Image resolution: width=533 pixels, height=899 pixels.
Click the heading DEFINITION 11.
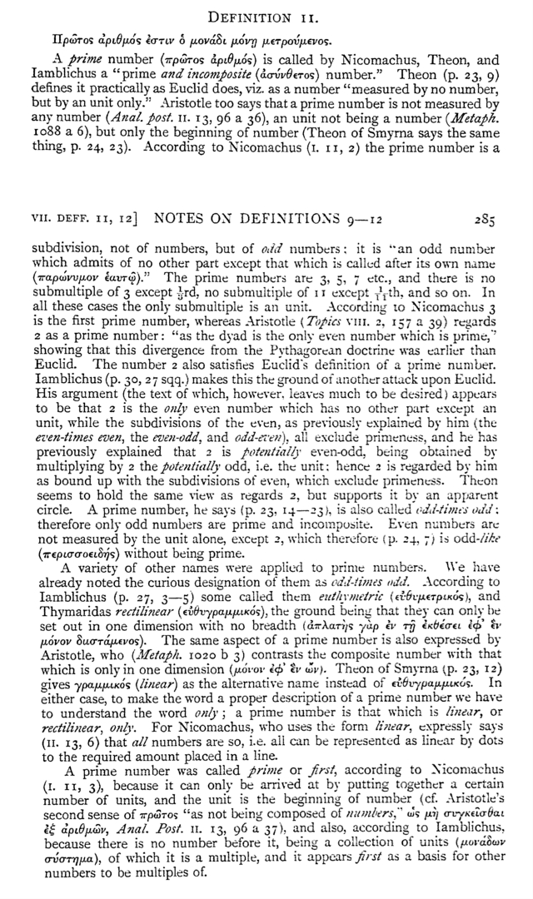coord(266,16)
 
